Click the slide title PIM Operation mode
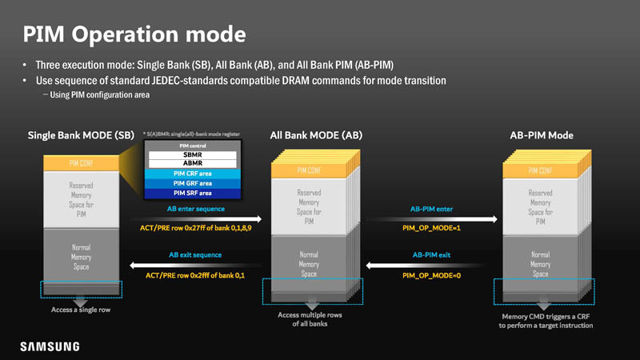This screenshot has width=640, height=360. [x=134, y=34]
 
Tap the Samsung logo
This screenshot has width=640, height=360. [x=50, y=346]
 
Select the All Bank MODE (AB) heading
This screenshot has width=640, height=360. [x=317, y=135]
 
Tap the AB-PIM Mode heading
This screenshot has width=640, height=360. [x=541, y=135]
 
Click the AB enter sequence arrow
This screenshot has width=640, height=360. [x=195, y=218]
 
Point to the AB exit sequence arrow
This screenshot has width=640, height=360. [x=195, y=265]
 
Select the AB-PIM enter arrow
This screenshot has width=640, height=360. [x=431, y=218]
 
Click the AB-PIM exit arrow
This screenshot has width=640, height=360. [x=431, y=265]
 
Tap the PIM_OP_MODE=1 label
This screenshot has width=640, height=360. [x=431, y=229]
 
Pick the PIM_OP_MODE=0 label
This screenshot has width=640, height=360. [x=431, y=276]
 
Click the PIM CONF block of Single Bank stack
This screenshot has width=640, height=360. [x=79, y=163]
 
